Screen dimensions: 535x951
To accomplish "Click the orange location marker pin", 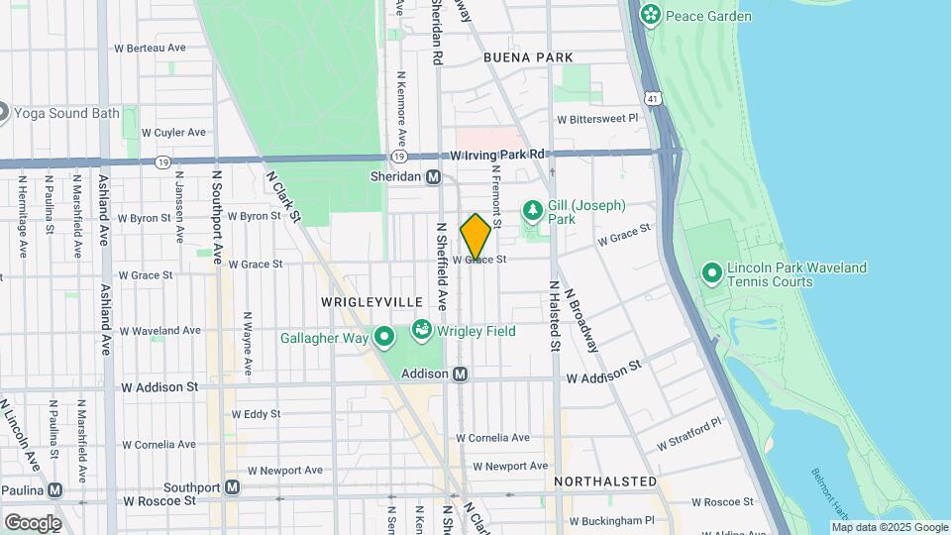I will pyautogui.click(x=475, y=237).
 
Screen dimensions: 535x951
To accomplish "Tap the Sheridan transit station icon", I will pyautogui.click(x=433, y=177).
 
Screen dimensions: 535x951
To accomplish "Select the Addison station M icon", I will pyautogui.click(x=460, y=374).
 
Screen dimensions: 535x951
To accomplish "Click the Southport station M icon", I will pyautogui.click(x=232, y=486).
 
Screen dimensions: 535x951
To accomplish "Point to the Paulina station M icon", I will pyautogui.click(x=55, y=489).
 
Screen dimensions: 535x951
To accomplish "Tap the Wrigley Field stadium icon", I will pyautogui.click(x=421, y=329).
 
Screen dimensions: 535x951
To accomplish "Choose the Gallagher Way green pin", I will pyautogui.click(x=384, y=339).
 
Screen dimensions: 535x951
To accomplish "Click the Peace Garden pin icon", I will pyautogui.click(x=650, y=15).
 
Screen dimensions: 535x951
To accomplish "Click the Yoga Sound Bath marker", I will pyautogui.click(x=3, y=112).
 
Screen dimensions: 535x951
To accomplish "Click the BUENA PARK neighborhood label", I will pyautogui.click(x=528, y=58).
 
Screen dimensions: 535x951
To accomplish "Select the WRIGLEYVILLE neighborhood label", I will pyautogui.click(x=371, y=301).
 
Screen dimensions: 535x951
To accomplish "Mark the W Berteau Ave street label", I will pyautogui.click(x=151, y=48).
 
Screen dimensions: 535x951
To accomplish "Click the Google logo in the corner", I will pyautogui.click(x=32, y=522).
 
